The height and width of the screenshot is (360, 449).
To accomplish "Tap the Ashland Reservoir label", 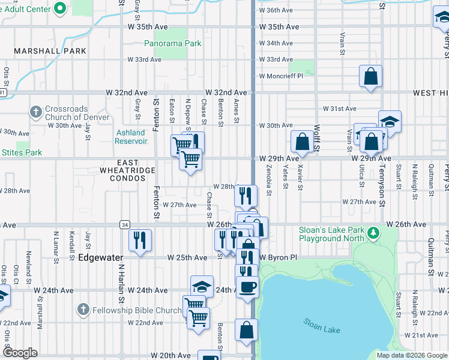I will click(131, 137).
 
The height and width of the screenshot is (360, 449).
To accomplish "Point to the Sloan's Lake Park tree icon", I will click(373, 232).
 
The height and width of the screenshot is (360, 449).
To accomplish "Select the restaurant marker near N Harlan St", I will click(140, 241).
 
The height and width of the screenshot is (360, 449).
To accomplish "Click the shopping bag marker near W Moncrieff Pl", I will click(371, 76).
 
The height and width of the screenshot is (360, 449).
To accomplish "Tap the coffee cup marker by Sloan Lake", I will click(247, 286).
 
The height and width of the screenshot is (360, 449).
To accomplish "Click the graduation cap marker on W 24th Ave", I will click(202, 286).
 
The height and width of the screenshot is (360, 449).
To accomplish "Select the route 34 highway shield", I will click(124, 224).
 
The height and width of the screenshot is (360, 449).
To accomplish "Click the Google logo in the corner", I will click(20, 353).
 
